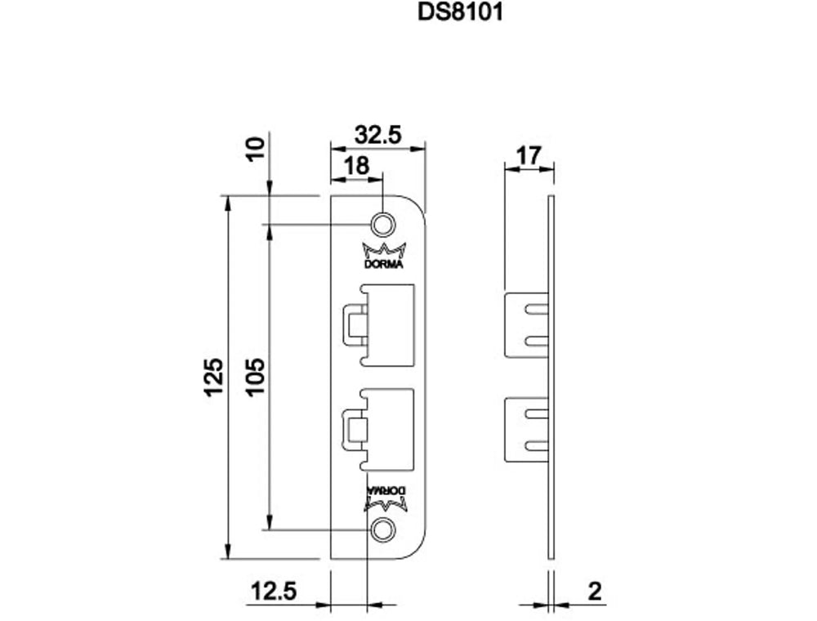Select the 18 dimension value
pos(356,166)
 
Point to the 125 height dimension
pos(212,377)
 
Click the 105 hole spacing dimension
pos(256,377)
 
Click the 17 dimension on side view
pos(529,154)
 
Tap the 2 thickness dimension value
pos(596,590)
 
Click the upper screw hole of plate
pos(382,224)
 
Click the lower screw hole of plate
pos(380,529)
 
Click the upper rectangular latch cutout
pos(389,324)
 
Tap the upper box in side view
pos(526,324)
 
